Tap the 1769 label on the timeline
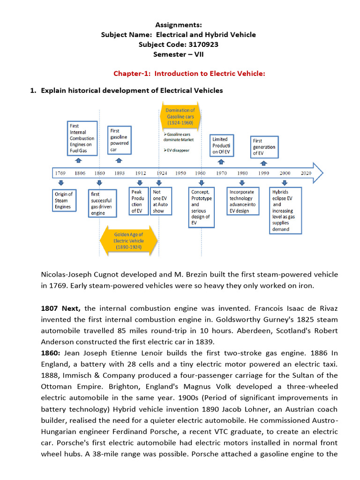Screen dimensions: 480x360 (60, 173)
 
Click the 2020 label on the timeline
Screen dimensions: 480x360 (305, 173)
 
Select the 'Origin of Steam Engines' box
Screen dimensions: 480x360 (64, 200)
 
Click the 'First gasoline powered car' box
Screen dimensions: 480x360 (119, 140)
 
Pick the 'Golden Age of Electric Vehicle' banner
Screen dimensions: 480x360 (128, 241)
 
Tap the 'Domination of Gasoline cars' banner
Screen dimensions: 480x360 (180, 116)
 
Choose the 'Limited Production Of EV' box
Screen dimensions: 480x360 (220, 145)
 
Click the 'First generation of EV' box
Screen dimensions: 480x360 (264, 147)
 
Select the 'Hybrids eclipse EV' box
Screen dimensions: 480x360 (285, 210)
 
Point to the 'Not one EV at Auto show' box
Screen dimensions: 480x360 (161, 201)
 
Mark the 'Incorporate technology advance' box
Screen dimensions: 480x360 (242, 201)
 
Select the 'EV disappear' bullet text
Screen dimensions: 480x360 (176, 150)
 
